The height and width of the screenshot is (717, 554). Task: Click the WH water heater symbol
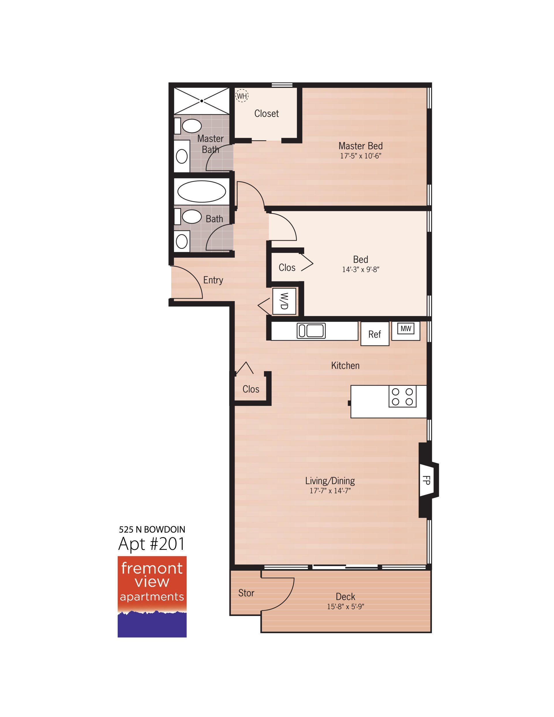(x=242, y=96)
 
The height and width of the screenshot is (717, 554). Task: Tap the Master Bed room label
(x=360, y=146)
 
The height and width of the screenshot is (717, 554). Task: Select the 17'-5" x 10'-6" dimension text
(x=360, y=156)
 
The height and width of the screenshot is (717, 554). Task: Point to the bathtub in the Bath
(x=201, y=191)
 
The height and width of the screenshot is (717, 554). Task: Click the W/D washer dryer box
(x=284, y=301)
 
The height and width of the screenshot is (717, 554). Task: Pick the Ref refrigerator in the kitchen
(x=375, y=334)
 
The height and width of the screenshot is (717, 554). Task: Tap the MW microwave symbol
(x=406, y=328)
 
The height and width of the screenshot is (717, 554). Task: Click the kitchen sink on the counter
(x=311, y=331)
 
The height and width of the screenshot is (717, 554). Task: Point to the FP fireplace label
(x=426, y=480)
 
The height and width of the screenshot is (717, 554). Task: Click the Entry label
(x=213, y=280)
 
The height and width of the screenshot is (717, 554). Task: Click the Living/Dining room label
(x=330, y=481)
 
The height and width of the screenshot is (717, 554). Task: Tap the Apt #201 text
(x=151, y=544)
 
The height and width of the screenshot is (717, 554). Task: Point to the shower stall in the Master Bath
(x=201, y=101)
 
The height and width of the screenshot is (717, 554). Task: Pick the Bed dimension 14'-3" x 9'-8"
(x=361, y=270)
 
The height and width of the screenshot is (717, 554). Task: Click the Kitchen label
(x=345, y=365)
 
